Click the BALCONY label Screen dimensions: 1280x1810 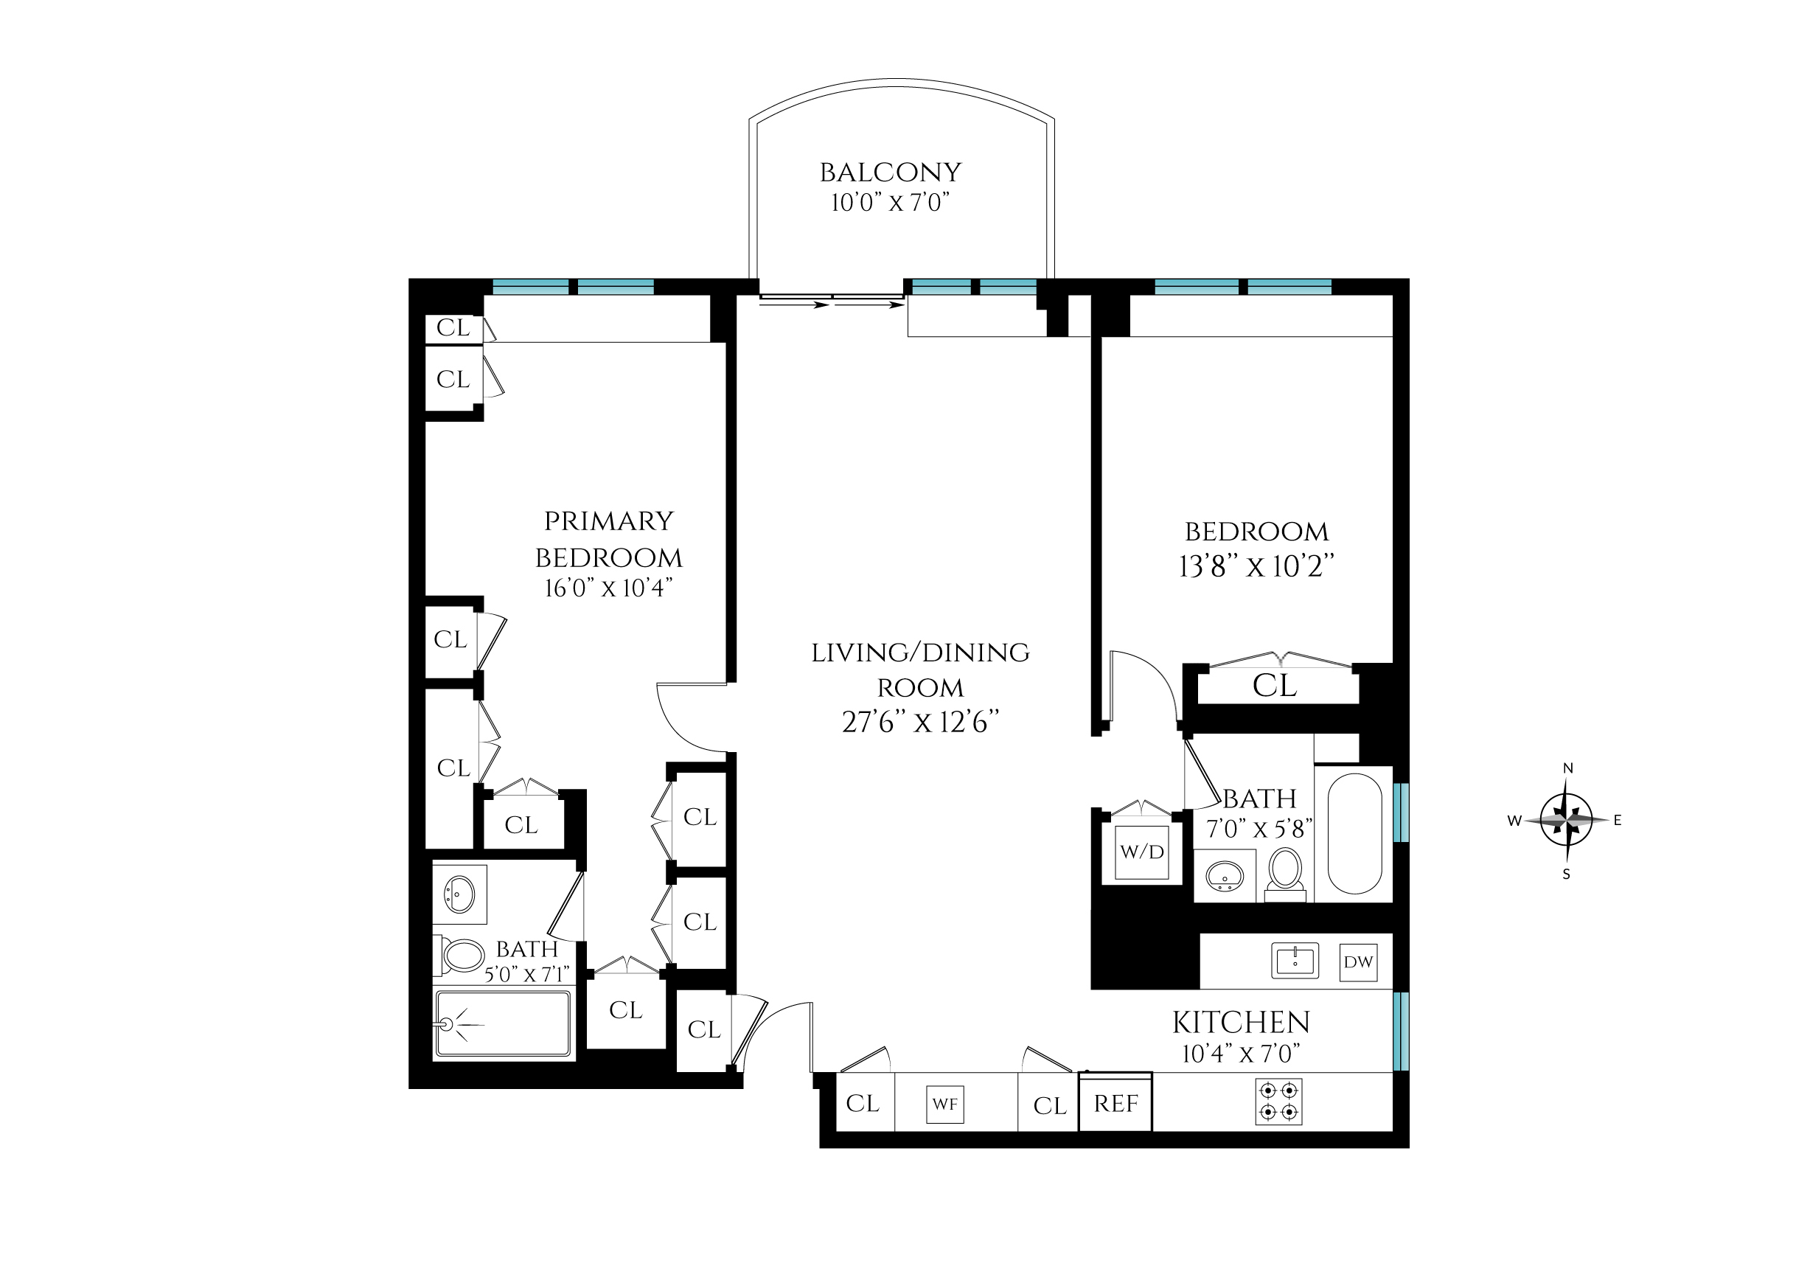click(x=890, y=173)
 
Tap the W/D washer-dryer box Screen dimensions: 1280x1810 click(x=1141, y=852)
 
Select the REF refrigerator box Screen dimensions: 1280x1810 click(x=1115, y=1104)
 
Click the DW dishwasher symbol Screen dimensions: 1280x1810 click(x=1357, y=961)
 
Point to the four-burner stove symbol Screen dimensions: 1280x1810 click(x=1278, y=1101)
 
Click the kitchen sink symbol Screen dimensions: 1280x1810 click(x=1295, y=961)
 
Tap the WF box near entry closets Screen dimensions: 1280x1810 click(x=944, y=1105)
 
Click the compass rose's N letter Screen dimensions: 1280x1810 click(x=1567, y=768)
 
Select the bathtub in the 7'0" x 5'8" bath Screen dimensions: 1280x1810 click(x=1354, y=833)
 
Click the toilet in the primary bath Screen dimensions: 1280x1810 click(x=462, y=956)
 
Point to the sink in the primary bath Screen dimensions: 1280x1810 click(x=459, y=894)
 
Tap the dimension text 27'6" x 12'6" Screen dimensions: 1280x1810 click(x=920, y=722)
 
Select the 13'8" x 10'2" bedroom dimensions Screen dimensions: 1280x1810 click(x=1256, y=566)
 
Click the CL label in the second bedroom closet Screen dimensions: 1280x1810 click(x=1274, y=686)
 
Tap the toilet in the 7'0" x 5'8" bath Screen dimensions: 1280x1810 click(x=1285, y=871)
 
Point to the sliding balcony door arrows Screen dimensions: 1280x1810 click(x=832, y=302)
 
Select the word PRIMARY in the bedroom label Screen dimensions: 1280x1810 click(x=608, y=521)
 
